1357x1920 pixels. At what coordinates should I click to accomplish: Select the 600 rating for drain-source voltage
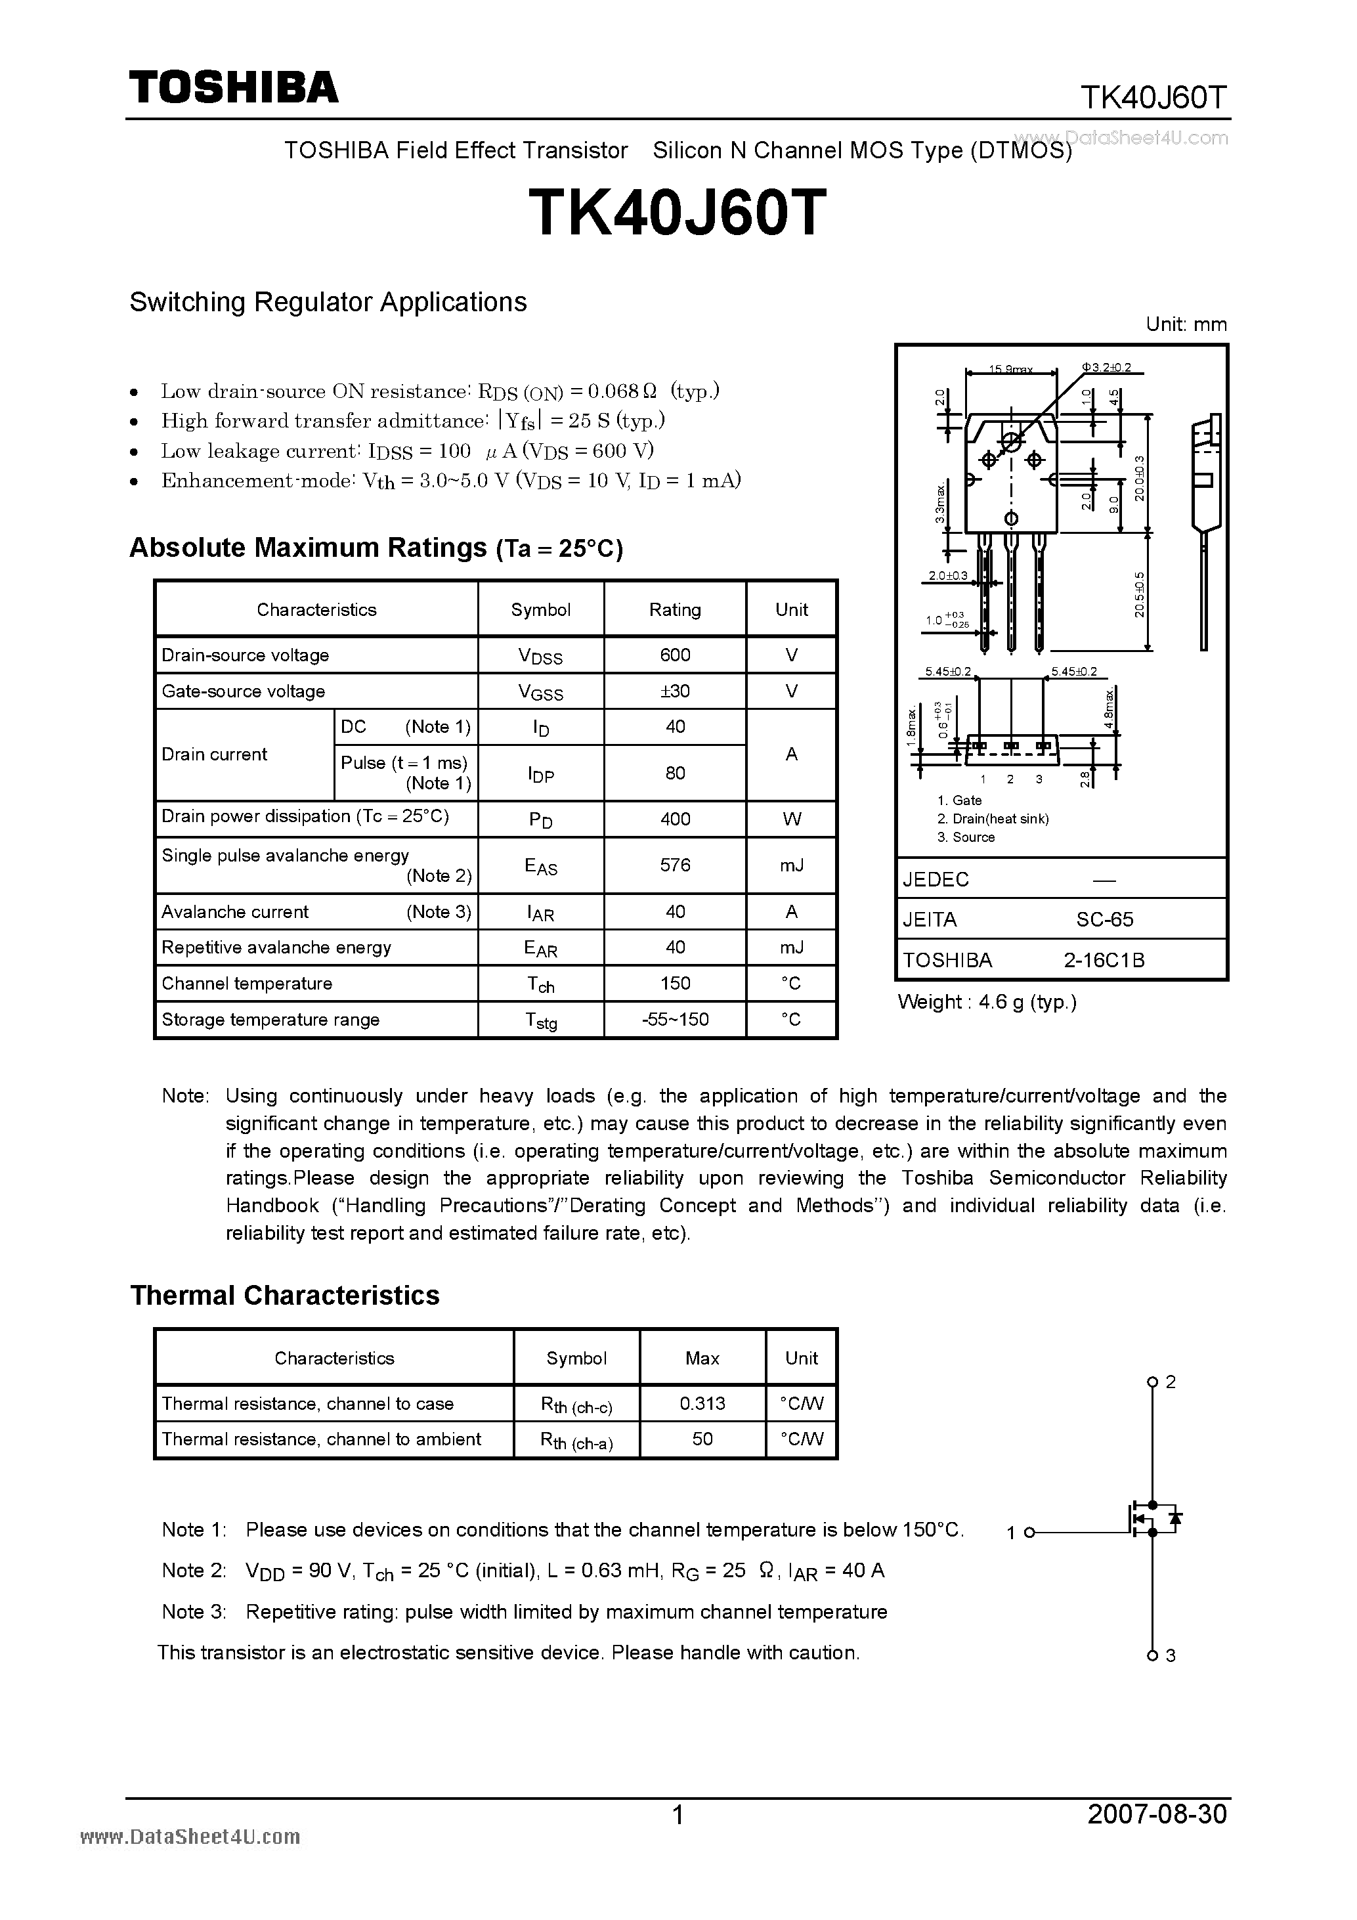[x=675, y=655]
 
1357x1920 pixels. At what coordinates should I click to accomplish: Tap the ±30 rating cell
[x=675, y=691]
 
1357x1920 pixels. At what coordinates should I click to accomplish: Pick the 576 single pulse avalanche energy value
[x=675, y=865]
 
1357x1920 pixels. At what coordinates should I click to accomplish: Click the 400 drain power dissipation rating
[x=675, y=819]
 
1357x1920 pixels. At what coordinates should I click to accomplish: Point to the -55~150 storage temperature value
[x=675, y=1018]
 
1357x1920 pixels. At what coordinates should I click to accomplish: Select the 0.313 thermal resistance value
[x=702, y=1403]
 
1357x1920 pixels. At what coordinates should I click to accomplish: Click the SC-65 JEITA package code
[x=1104, y=919]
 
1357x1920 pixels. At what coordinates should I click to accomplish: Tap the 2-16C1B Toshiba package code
[x=1104, y=960]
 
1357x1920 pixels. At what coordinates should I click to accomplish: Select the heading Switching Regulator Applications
[x=328, y=302]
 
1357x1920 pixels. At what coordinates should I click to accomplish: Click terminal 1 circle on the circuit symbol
[x=1029, y=1532]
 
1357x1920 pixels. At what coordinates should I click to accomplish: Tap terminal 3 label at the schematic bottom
[x=1171, y=1655]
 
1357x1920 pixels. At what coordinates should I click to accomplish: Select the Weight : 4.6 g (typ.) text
[x=987, y=1002]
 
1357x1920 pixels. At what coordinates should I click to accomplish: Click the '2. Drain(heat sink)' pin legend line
[x=993, y=819]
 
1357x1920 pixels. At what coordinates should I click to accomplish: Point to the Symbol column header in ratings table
[x=540, y=609]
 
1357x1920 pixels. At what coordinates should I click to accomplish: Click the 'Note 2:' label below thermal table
[x=194, y=1571]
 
